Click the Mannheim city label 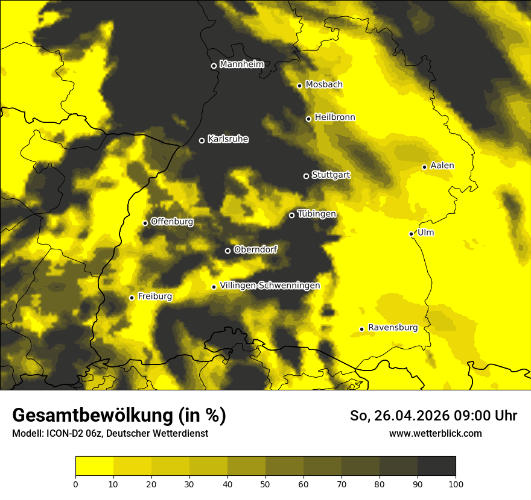tap(242, 64)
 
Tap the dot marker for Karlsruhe tap(202, 140)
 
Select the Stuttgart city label tap(331, 175)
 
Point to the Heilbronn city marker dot tap(308, 119)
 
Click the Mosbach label tap(323, 85)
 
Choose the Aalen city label tap(442, 166)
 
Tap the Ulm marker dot tap(411, 234)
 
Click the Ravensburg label tap(392, 328)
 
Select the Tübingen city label tap(316, 214)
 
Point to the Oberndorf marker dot tap(227, 251)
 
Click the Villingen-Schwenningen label tap(270, 286)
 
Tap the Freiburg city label tap(154, 296)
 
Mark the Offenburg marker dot tap(145, 223)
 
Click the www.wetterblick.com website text tap(435, 433)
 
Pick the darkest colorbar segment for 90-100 tap(436, 466)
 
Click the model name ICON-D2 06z tap(72, 433)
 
